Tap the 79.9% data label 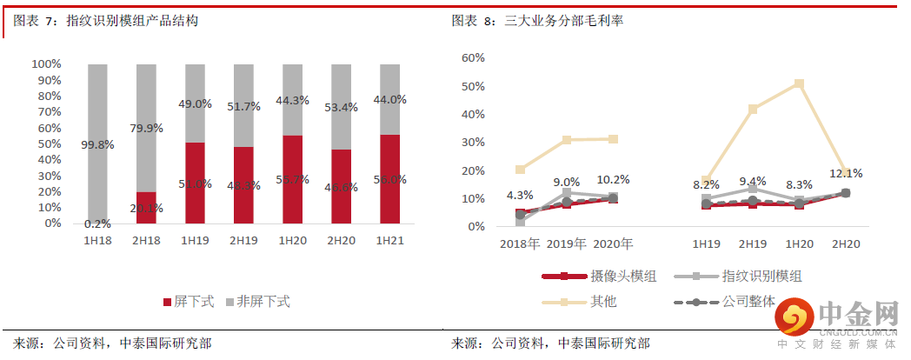pos(146,129)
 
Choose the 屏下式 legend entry pos(188,302)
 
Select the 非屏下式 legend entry pos(257,302)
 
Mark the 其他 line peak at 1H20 pos(799,84)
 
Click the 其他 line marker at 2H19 pos(753,110)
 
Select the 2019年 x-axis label pos(567,243)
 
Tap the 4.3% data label pos(520,196)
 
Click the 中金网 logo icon pos(793,318)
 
